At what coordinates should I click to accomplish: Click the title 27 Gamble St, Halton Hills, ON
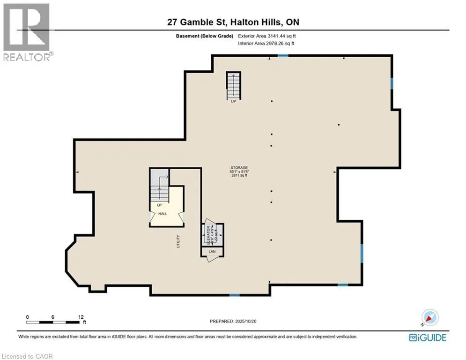[x=233, y=22]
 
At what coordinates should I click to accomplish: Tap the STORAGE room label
[x=238, y=168]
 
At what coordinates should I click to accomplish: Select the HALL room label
[x=163, y=214]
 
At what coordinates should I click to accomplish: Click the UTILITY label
[x=178, y=241]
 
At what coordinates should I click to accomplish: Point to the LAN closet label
[x=212, y=252]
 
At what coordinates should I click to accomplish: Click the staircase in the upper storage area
[x=233, y=86]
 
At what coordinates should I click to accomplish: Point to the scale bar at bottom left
[x=53, y=322]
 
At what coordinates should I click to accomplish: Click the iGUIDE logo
[x=427, y=337]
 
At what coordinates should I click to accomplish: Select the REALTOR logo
[x=27, y=32]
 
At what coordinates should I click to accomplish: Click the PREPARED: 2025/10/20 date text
[x=233, y=322]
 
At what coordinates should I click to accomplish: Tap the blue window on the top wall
[x=283, y=56]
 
